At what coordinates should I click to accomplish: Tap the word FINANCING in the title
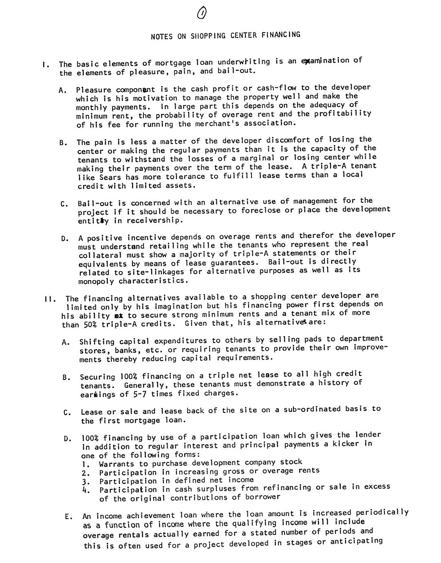coord(281,35)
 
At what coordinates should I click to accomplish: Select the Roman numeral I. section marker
coord(46,64)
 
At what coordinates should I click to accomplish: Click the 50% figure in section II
coord(90,324)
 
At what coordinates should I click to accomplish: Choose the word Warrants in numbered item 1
coord(116,464)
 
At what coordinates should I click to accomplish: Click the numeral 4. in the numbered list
coord(85,490)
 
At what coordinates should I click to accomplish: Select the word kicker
coord(347,444)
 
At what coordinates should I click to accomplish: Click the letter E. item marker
coord(68,517)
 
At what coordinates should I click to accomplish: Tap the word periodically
coord(382,512)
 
